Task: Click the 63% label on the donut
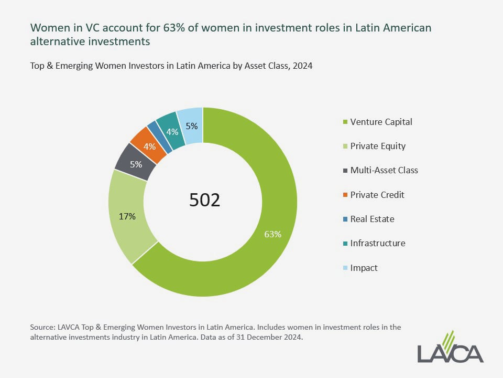tap(272, 234)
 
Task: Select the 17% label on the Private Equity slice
tap(128, 216)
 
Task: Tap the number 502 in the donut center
tap(204, 200)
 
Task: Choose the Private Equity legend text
tap(378, 146)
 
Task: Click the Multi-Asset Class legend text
tap(384, 170)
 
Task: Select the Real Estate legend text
tap(372, 219)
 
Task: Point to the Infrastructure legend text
tap(377, 243)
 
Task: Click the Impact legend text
tap(364, 268)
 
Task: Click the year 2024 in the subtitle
tap(302, 67)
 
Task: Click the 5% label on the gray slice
tap(136, 164)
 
